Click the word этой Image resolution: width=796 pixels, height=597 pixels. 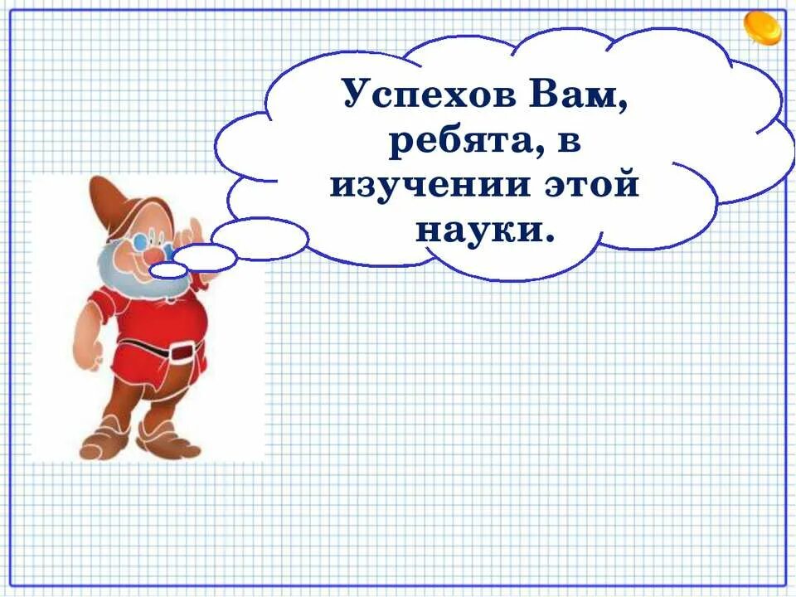591,184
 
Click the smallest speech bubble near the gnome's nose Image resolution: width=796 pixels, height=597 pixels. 168,269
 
